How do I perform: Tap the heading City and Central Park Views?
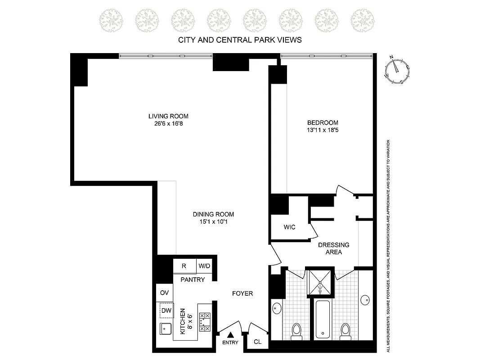240,40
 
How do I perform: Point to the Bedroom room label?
323,123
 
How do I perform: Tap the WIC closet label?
289,227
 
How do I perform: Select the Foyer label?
242,293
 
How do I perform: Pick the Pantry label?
193,279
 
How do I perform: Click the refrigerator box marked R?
184,266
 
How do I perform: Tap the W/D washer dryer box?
204,266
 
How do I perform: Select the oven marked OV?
164,293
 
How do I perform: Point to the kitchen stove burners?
204,322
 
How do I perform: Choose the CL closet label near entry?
257,342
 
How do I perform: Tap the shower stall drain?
320,284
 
